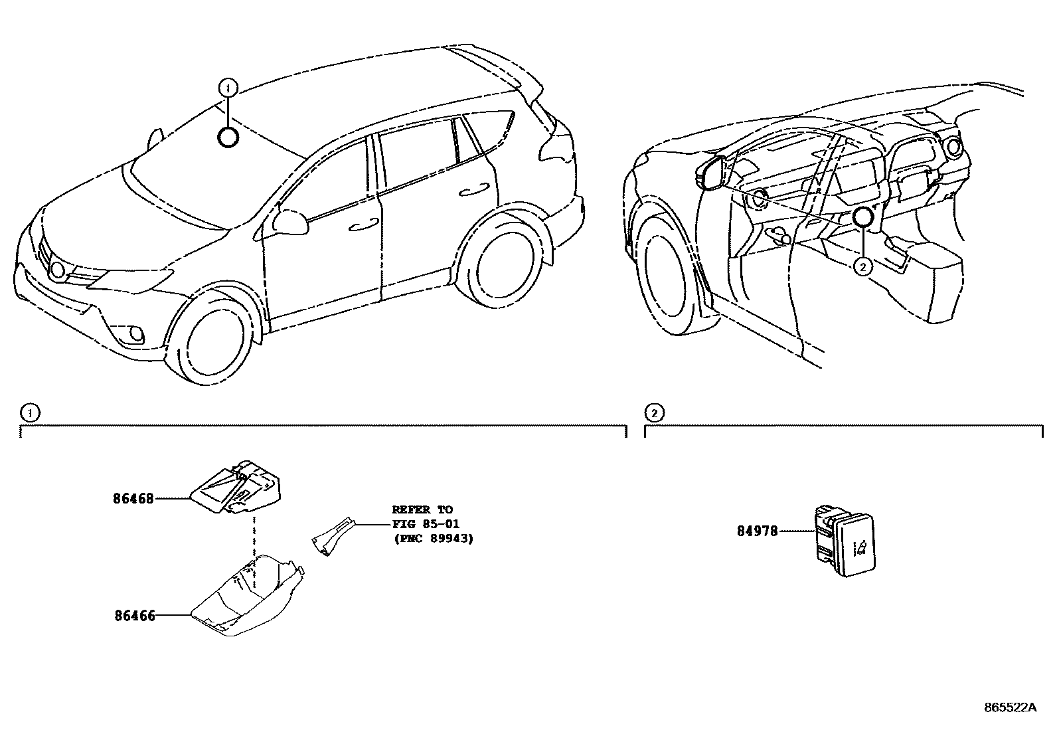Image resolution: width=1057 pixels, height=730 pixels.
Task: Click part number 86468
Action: pyautogui.click(x=131, y=498)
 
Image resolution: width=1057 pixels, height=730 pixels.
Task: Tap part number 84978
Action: pyautogui.click(x=757, y=531)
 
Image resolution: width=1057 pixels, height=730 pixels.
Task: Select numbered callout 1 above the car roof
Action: pyautogui.click(x=227, y=87)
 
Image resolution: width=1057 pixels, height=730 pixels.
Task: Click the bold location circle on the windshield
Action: pyautogui.click(x=228, y=137)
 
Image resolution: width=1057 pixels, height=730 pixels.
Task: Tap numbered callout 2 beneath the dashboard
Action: pyautogui.click(x=862, y=267)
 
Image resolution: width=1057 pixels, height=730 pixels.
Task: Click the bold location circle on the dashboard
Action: pyautogui.click(x=862, y=217)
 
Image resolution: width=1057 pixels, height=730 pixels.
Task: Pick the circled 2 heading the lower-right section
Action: pyautogui.click(x=654, y=413)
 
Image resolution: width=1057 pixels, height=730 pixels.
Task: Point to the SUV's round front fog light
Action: pyautogui.click(x=136, y=333)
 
